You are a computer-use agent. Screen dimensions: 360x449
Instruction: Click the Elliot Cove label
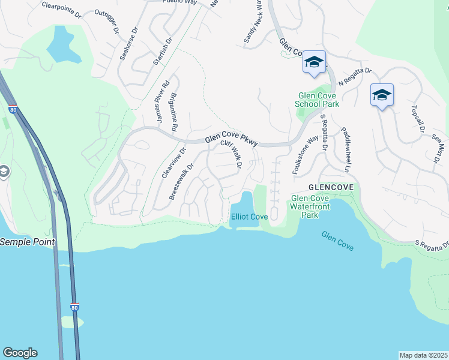click(x=249, y=217)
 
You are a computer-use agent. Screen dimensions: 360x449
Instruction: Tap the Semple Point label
click(x=28, y=242)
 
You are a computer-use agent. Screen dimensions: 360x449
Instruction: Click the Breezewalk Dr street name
click(x=181, y=182)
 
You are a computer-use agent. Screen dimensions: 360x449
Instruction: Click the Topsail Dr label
click(x=418, y=119)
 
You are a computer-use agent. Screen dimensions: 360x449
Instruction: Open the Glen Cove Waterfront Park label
click(x=310, y=206)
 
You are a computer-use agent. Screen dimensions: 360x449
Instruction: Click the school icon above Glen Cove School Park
click(x=315, y=62)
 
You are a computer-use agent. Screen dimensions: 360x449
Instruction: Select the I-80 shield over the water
click(x=74, y=307)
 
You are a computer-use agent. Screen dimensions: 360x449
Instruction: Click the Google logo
click(x=20, y=353)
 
